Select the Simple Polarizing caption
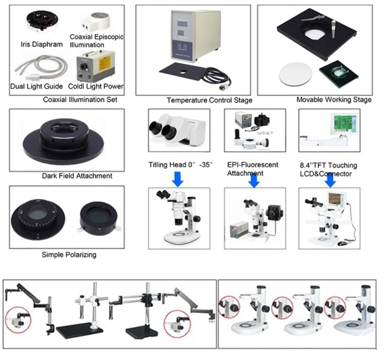(x=69, y=255)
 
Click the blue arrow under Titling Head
(x=178, y=178)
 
